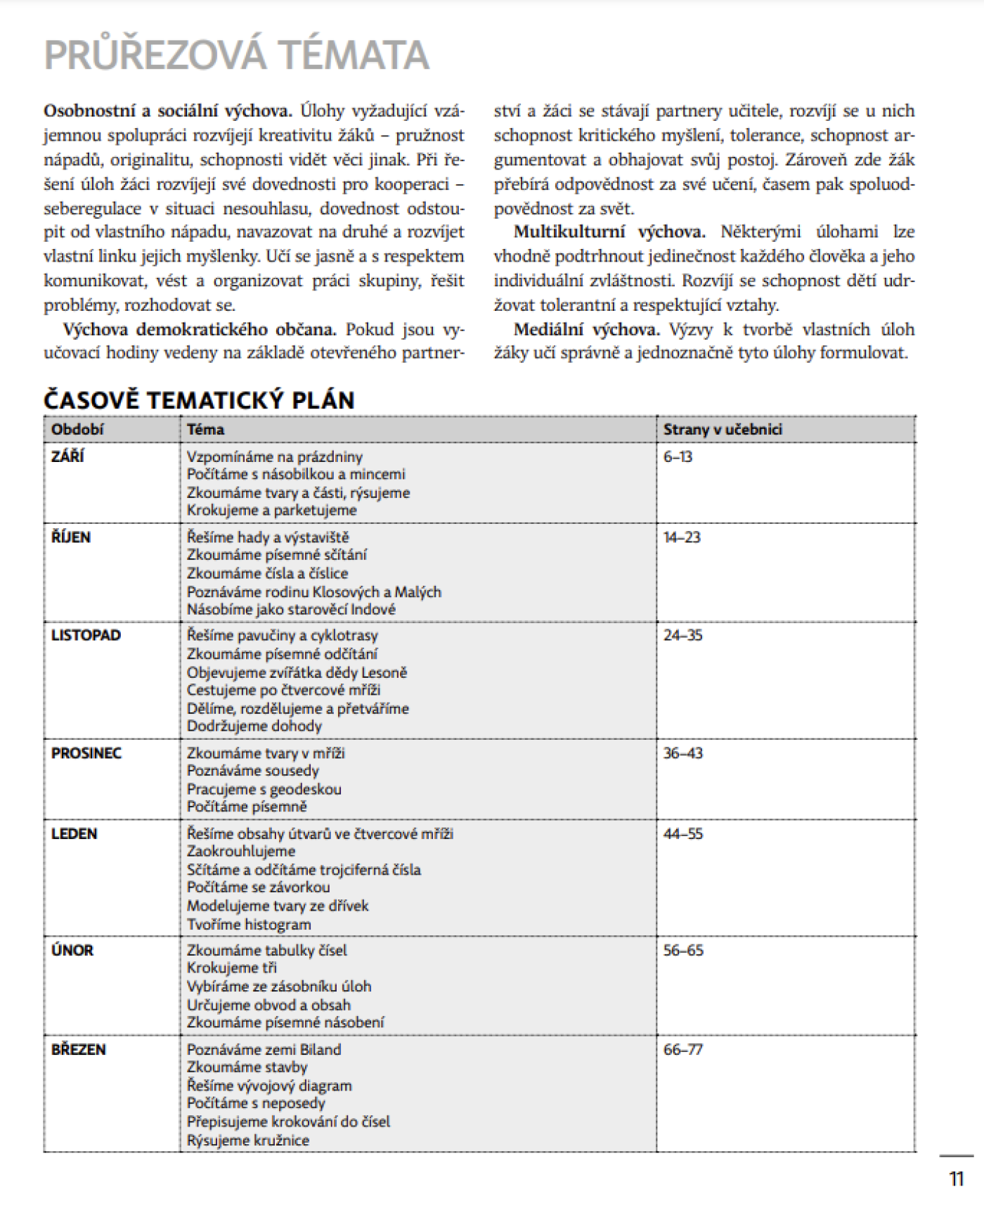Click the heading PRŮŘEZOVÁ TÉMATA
[236, 56]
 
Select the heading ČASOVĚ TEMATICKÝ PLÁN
[199, 400]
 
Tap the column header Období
[77, 429]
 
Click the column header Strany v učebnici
[722, 429]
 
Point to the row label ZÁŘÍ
[67, 456]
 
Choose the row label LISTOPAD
[86, 635]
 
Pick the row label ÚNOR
[72, 950]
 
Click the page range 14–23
[682, 537]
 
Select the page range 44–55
[682, 833]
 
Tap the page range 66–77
[682, 1049]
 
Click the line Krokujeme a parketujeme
[271, 510]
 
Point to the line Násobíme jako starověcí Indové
[291, 609]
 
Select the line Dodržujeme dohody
[254, 726]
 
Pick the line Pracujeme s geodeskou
[264, 789]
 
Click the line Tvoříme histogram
[249, 924]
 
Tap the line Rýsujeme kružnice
[247, 1140]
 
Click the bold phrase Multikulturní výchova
[609, 232]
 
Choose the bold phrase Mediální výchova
[586, 330]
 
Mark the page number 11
[956, 1179]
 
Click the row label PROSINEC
[86, 753]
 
